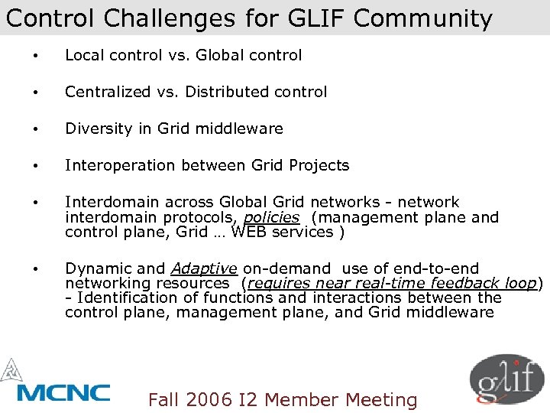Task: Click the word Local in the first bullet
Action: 82,55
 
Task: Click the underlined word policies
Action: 270,217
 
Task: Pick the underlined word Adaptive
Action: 204,268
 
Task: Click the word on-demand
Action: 286,268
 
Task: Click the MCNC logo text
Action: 63,392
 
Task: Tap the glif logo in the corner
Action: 506,382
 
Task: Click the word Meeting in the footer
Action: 381,400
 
